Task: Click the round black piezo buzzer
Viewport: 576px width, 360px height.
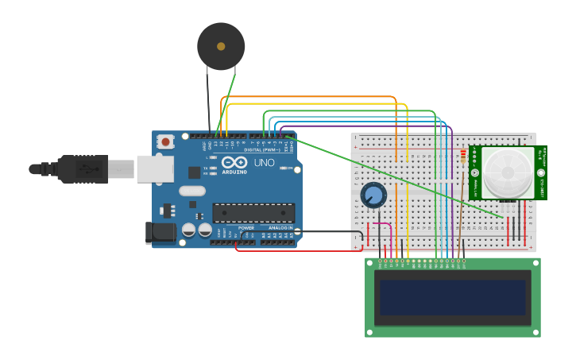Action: point(221,46)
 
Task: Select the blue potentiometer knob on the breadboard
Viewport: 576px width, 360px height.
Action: point(373,195)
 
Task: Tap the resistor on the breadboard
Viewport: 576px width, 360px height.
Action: point(463,158)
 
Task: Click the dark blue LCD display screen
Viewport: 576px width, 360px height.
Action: point(453,297)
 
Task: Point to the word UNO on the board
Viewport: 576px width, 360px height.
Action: point(264,163)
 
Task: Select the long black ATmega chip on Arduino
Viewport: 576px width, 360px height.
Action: point(253,213)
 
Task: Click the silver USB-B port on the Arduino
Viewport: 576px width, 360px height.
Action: point(155,168)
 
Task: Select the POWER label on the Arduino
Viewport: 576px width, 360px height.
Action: point(246,227)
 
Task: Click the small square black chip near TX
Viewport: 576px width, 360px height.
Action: point(194,172)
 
